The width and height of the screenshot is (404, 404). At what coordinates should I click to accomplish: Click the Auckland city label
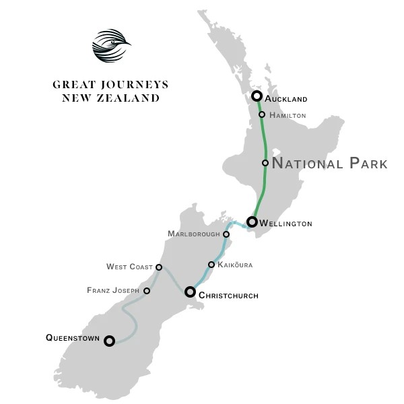coord(286,99)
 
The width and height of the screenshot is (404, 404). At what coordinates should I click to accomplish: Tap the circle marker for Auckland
coord(257,96)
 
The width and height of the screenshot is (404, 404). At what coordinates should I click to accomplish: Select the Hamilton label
coord(288,116)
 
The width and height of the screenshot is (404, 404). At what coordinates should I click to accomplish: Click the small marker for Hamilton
coord(262,115)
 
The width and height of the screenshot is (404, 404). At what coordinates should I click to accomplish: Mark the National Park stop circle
coord(265,163)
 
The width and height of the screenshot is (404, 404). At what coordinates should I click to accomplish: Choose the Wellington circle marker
coord(252,222)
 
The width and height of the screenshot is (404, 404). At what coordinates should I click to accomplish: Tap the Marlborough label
coord(194,234)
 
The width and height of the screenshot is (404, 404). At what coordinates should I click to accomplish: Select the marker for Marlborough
coord(226,234)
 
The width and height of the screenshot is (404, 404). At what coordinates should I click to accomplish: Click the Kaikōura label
coord(236,265)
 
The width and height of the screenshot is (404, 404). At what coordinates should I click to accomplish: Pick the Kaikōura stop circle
coord(211,265)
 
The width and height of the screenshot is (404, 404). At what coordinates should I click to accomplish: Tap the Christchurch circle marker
coord(190,292)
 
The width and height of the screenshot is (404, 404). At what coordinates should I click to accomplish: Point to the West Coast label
coord(129,267)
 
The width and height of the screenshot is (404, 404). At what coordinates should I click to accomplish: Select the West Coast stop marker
coord(159,267)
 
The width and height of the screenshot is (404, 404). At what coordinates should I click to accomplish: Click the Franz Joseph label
coord(113,291)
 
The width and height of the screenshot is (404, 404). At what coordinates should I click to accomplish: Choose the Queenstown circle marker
coord(109,341)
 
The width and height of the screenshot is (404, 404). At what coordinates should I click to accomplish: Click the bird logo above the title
coord(110,45)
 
